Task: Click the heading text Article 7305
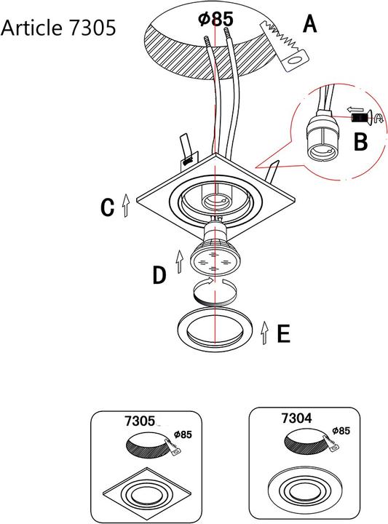58,28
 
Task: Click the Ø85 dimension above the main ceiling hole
215,19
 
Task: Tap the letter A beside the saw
310,25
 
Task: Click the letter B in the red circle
360,142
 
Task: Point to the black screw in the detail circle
358,118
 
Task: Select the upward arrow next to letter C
126,205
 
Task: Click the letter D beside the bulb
159,275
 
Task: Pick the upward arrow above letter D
180,261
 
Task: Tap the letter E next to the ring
284,334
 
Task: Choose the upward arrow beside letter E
265,333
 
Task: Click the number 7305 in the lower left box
140,421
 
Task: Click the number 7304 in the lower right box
297,418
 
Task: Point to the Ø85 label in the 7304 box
341,431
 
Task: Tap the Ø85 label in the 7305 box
183,434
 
